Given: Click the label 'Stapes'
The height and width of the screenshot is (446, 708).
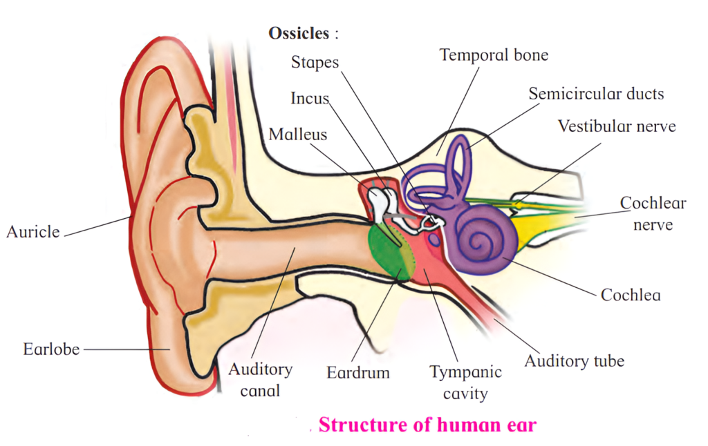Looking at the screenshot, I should [315, 63].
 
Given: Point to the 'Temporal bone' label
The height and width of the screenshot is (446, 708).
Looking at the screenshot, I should [494, 55].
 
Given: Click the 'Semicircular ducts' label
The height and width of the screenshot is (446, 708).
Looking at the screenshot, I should [596, 94].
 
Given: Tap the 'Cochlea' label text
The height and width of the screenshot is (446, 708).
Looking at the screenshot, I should [631, 295].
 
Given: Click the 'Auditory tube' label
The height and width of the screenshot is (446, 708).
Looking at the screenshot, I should [574, 360].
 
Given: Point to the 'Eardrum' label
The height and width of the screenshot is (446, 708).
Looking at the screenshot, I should [358, 373].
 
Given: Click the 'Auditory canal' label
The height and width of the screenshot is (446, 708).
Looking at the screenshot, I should [260, 380].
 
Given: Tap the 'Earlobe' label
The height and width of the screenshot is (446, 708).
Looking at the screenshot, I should [51, 349].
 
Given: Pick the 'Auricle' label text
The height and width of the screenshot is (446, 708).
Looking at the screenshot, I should [33, 232].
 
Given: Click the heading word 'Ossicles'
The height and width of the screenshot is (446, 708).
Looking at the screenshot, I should [297, 33].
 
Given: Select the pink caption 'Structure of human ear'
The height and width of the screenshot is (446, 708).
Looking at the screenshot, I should [427, 425].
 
